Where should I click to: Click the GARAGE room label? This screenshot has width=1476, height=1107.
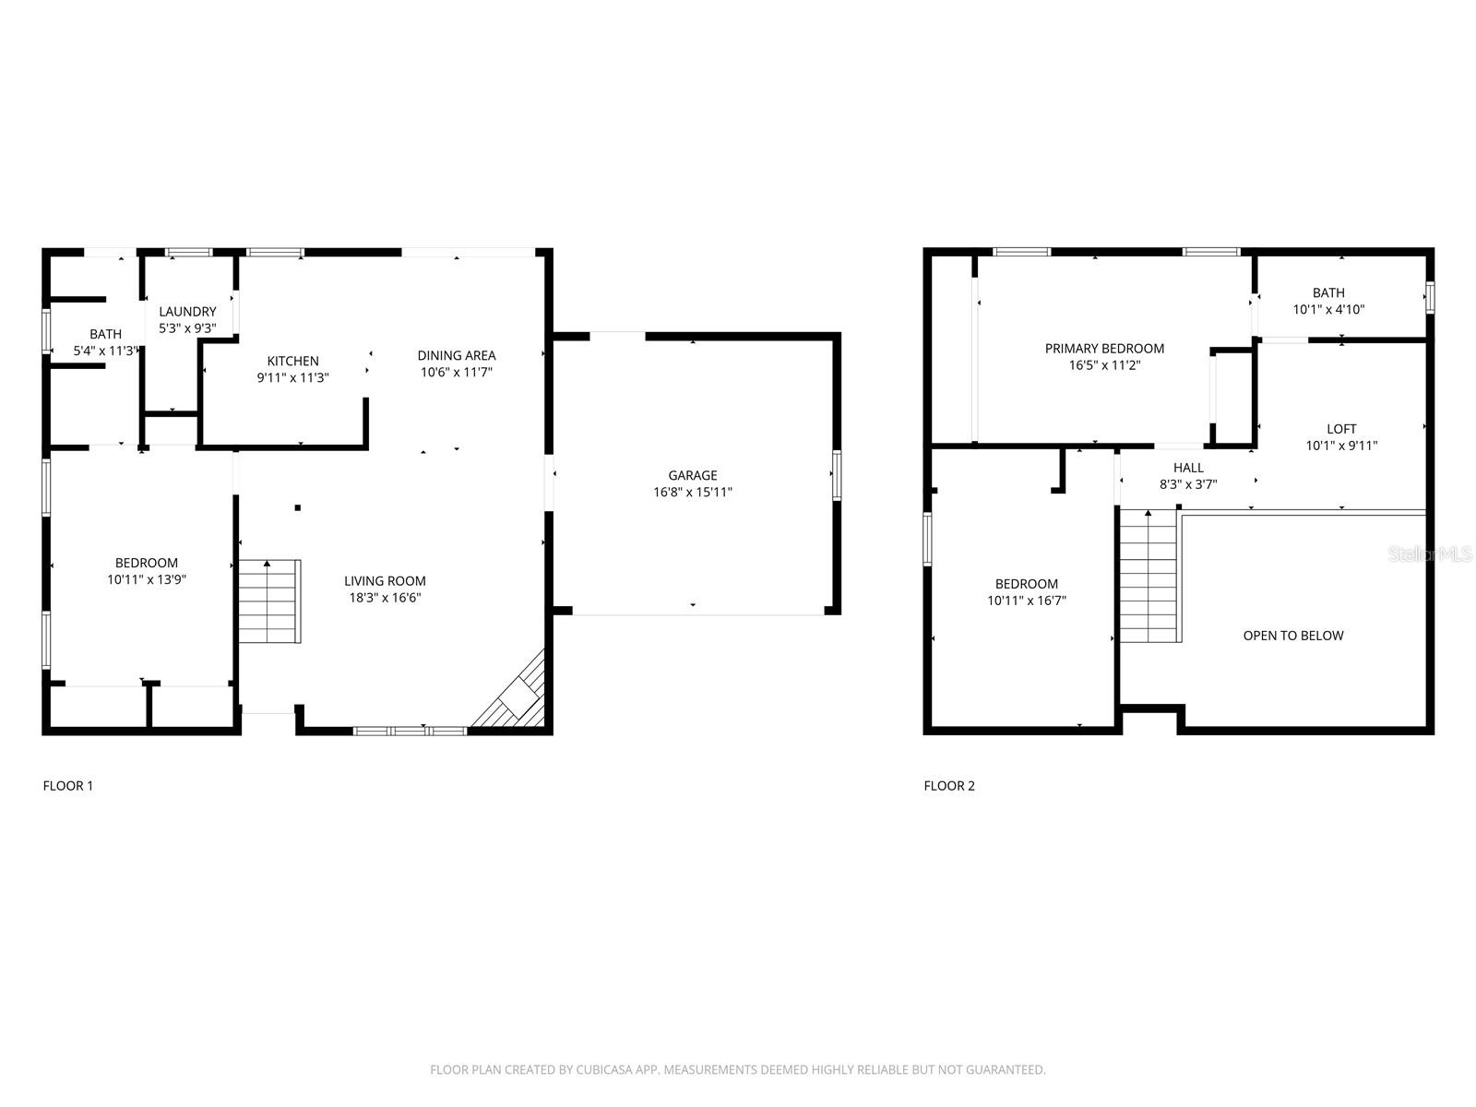(x=693, y=476)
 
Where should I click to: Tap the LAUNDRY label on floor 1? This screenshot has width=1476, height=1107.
(x=187, y=312)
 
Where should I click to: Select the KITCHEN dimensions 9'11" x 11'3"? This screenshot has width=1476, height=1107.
(x=292, y=377)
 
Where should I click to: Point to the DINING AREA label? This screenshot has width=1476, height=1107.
(x=456, y=355)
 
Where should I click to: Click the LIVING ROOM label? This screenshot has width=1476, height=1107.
(x=385, y=581)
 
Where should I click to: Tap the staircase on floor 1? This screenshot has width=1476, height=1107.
(x=269, y=601)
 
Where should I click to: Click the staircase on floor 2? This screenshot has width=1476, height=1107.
(x=1149, y=577)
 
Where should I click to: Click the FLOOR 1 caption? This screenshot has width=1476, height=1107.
(x=68, y=786)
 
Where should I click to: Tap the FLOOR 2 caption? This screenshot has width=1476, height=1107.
(x=949, y=786)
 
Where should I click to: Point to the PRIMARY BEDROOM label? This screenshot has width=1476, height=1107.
(x=1104, y=349)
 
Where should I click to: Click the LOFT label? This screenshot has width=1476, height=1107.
(x=1341, y=429)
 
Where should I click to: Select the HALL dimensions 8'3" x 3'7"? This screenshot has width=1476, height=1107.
(x=1188, y=483)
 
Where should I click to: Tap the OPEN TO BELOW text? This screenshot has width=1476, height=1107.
(x=1292, y=636)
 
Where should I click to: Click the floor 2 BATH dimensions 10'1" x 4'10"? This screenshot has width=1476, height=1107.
(x=1328, y=310)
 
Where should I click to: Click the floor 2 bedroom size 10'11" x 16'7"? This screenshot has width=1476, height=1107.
(x=1027, y=601)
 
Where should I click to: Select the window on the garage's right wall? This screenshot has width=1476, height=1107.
(x=837, y=475)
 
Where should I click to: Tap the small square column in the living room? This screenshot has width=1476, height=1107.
(x=298, y=507)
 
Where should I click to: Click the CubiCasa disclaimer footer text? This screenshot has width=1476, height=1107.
(x=737, y=1070)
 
